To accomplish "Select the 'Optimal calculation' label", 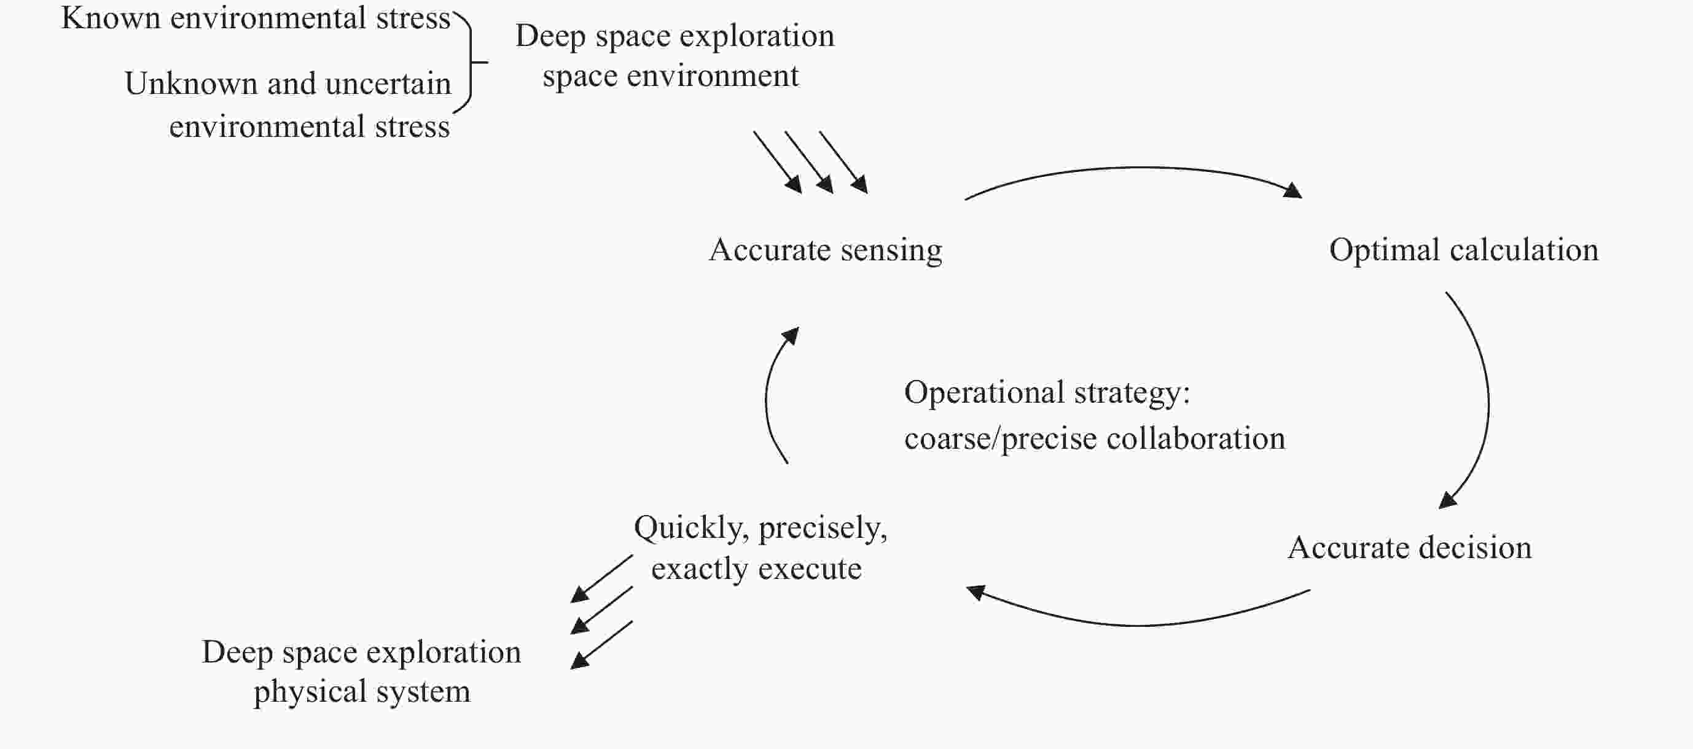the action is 1464,250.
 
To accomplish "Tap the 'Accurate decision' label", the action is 1410,547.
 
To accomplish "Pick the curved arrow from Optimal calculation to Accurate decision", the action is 1488,401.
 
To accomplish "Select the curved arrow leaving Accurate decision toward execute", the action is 1137,625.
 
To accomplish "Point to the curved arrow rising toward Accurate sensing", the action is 767,394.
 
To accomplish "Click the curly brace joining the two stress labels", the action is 471,63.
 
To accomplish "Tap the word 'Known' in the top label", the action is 111,18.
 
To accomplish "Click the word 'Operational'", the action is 984,394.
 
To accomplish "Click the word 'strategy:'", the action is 1132,394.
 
